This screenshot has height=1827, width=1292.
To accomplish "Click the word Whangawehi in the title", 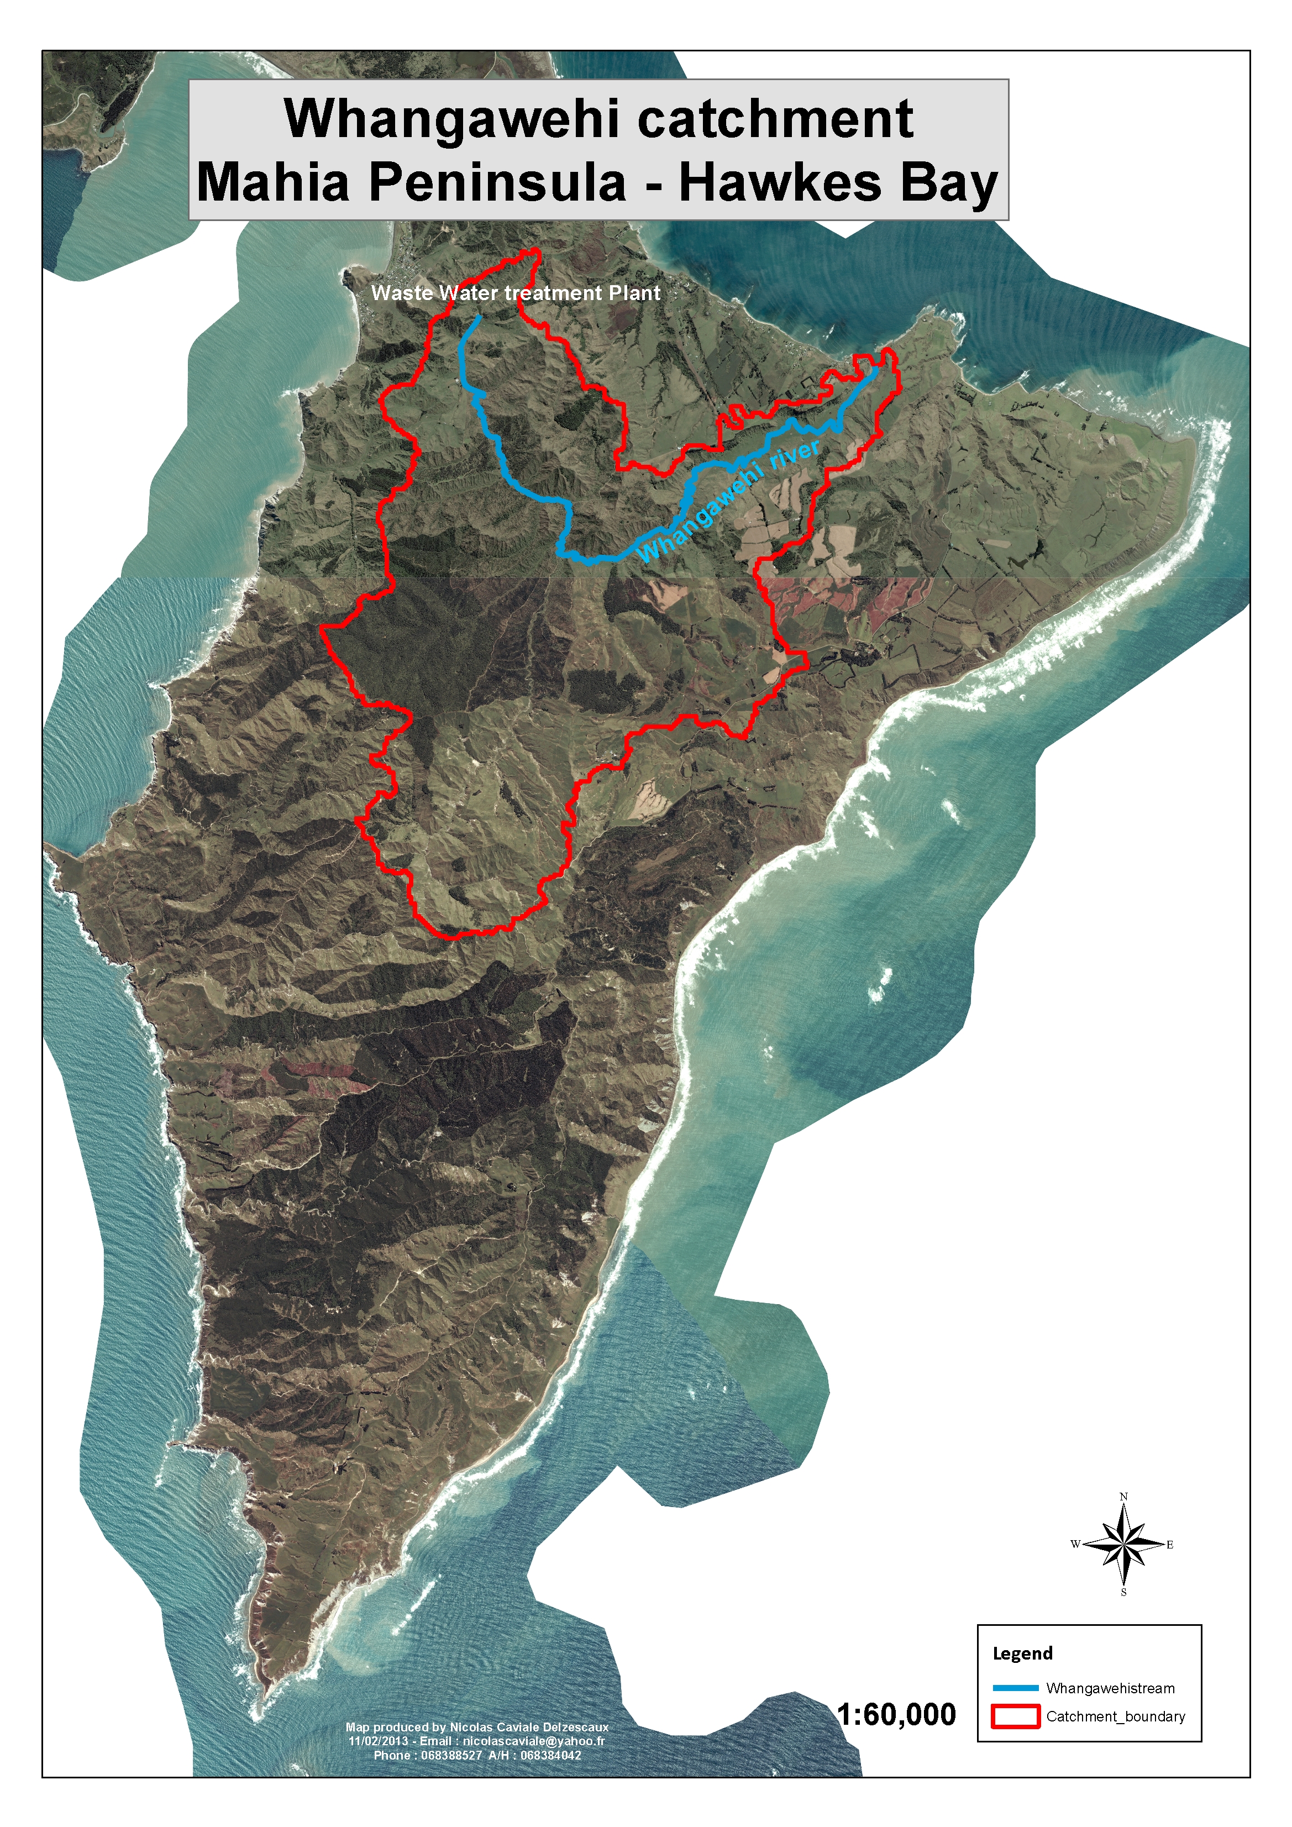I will [451, 119].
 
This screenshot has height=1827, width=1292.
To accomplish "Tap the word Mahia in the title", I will [273, 182].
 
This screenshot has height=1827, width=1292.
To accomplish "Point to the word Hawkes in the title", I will [780, 182].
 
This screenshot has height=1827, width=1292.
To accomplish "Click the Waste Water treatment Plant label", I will [516, 293].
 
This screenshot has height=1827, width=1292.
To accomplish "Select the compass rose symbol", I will [1123, 1545].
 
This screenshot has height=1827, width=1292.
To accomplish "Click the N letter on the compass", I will [1123, 1497].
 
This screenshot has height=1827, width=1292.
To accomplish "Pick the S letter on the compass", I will [1123, 1592].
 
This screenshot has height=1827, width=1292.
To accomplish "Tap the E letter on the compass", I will [1169, 1545].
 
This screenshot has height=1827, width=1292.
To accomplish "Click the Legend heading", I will [1022, 1653].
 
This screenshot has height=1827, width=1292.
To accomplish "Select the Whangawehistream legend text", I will [1110, 1688].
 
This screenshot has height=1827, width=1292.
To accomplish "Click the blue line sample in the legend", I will [1015, 1688].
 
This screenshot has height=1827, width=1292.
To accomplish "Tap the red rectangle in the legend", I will [1015, 1716].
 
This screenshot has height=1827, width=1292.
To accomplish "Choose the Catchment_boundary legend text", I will [1115, 1716].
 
